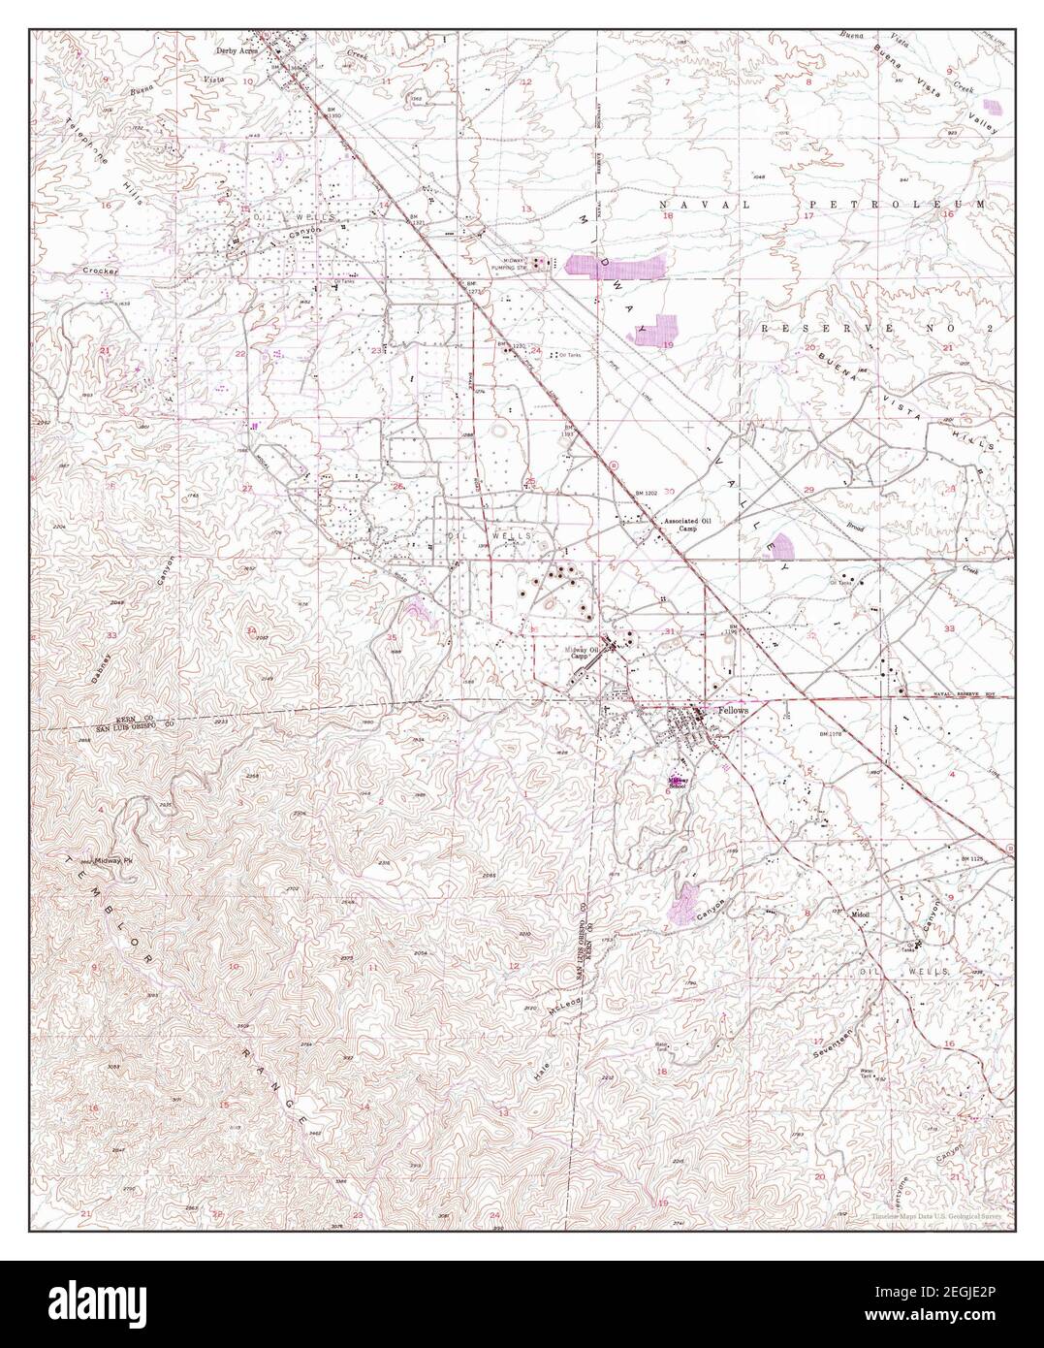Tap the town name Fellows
coord(734,710)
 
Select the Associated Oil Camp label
coord(687,525)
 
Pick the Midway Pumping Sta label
coord(516,264)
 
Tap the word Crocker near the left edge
coord(101,272)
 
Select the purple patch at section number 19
coord(654,331)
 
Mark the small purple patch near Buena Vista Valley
coord(993,106)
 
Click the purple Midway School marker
coord(676,779)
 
